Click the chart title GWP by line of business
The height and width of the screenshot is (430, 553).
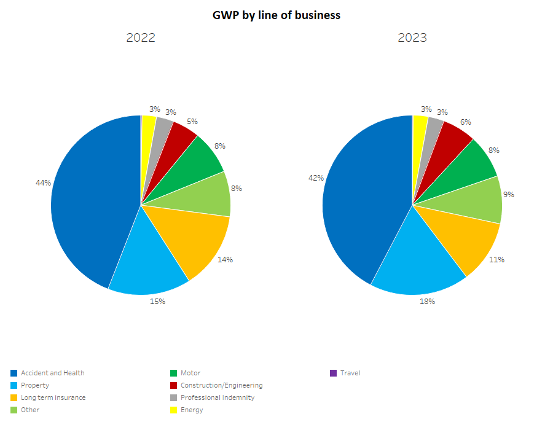coord(276,15)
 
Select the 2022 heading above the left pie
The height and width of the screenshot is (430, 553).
coord(141,37)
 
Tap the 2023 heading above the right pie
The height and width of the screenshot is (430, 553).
coord(412,37)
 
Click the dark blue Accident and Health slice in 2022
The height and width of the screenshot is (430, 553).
coord(92,203)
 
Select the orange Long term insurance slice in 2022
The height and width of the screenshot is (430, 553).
coord(190,240)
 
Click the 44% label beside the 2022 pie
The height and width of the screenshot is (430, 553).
coord(44,182)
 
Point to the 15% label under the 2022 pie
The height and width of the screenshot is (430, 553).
coord(158,301)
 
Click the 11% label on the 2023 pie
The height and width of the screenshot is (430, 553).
coord(497,259)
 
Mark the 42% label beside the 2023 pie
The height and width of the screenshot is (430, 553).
coord(316,178)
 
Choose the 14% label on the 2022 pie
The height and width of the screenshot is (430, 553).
coord(225,259)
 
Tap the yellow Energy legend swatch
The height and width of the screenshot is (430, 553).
coord(174,410)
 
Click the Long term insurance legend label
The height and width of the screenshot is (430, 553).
coord(53,397)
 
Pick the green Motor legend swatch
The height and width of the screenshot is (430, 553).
coord(174,373)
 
